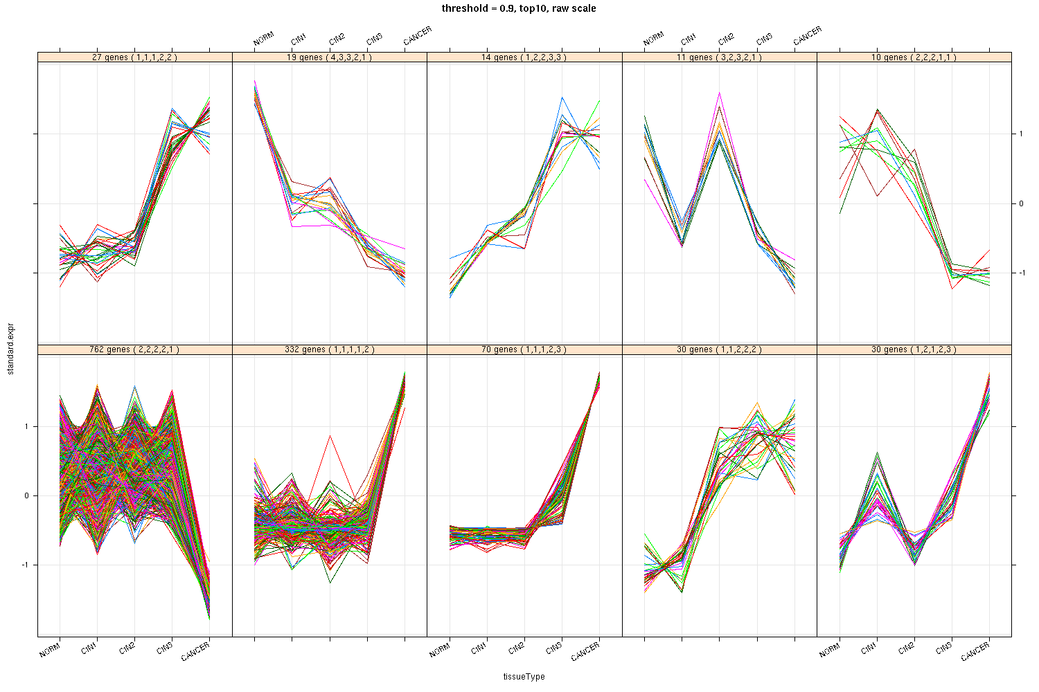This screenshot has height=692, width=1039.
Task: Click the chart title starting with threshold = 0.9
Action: click(x=519, y=8)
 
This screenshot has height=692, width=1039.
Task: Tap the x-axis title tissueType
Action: click(x=524, y=677)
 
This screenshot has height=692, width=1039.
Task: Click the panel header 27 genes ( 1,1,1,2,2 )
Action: click(x=134, y=57)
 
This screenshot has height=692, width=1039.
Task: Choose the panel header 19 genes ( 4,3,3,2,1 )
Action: click(x=329, y=57)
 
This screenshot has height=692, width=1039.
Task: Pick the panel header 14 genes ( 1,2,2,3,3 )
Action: click(x=524, y=57)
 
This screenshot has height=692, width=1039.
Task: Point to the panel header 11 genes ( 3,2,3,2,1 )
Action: click(x=719, y=57)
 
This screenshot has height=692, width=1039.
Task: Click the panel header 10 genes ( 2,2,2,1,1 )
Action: click(x=914, y=57)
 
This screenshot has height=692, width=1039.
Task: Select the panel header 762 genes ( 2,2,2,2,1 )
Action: click(x=134, y=350)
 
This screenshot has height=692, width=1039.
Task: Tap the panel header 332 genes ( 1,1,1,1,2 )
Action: click(x=329, y=350)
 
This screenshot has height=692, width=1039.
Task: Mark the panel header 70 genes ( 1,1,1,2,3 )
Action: click(x=524, y=350)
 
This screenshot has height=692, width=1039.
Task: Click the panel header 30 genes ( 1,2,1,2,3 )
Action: click(x=914, y=350)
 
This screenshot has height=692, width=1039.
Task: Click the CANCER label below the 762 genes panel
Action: click(x=196, y=652)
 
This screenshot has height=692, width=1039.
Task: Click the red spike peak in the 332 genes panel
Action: click(x=330, y=436)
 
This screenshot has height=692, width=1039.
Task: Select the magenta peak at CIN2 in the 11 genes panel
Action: click(x=720, y=92)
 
